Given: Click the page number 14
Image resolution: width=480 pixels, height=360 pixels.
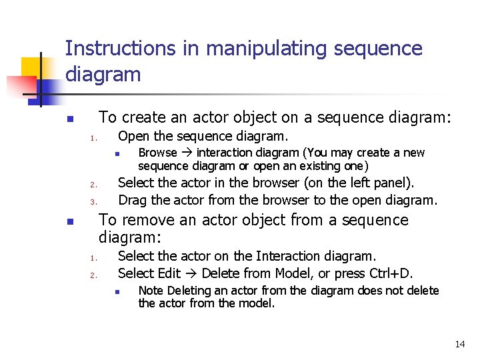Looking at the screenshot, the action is pos(460,344).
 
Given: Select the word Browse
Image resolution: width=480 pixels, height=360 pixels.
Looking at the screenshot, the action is pos(157,153).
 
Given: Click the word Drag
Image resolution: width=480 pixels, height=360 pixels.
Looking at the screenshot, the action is pos(131,200).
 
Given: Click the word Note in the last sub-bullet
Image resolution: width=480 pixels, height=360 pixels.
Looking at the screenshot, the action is pos(150,291).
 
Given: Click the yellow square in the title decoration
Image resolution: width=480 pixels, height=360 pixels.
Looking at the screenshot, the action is pos(33,69).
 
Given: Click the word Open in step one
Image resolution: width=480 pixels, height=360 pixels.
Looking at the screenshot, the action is pos(133,137).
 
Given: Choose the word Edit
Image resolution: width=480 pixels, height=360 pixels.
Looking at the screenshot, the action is pos(169,273).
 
